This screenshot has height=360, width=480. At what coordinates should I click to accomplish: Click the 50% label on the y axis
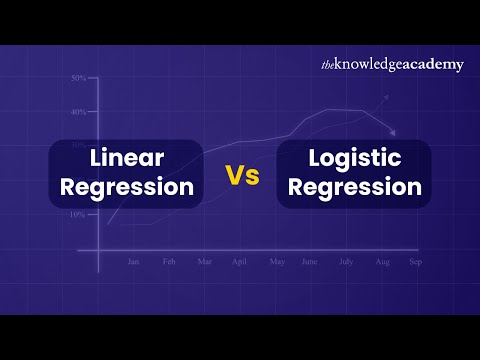point(77,78)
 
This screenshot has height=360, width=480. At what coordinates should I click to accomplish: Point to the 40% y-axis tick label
point(77,112)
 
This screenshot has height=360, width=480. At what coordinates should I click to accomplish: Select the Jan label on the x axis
point(133,262)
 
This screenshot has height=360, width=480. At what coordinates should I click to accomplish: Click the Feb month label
point(169,262)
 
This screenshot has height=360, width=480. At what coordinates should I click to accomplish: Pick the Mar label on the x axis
point(204,262)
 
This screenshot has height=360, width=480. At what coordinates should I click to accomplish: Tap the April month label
point(239,262)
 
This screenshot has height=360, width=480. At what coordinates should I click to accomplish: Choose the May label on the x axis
point(277,262)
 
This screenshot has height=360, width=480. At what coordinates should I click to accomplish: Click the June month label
point(310,262)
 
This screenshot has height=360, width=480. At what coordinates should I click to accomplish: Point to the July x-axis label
point(346,262)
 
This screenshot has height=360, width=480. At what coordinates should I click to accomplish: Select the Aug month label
point(381,262)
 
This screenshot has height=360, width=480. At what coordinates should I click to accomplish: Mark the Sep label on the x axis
point(415,262)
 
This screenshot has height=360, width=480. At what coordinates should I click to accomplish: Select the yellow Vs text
point(241,175)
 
